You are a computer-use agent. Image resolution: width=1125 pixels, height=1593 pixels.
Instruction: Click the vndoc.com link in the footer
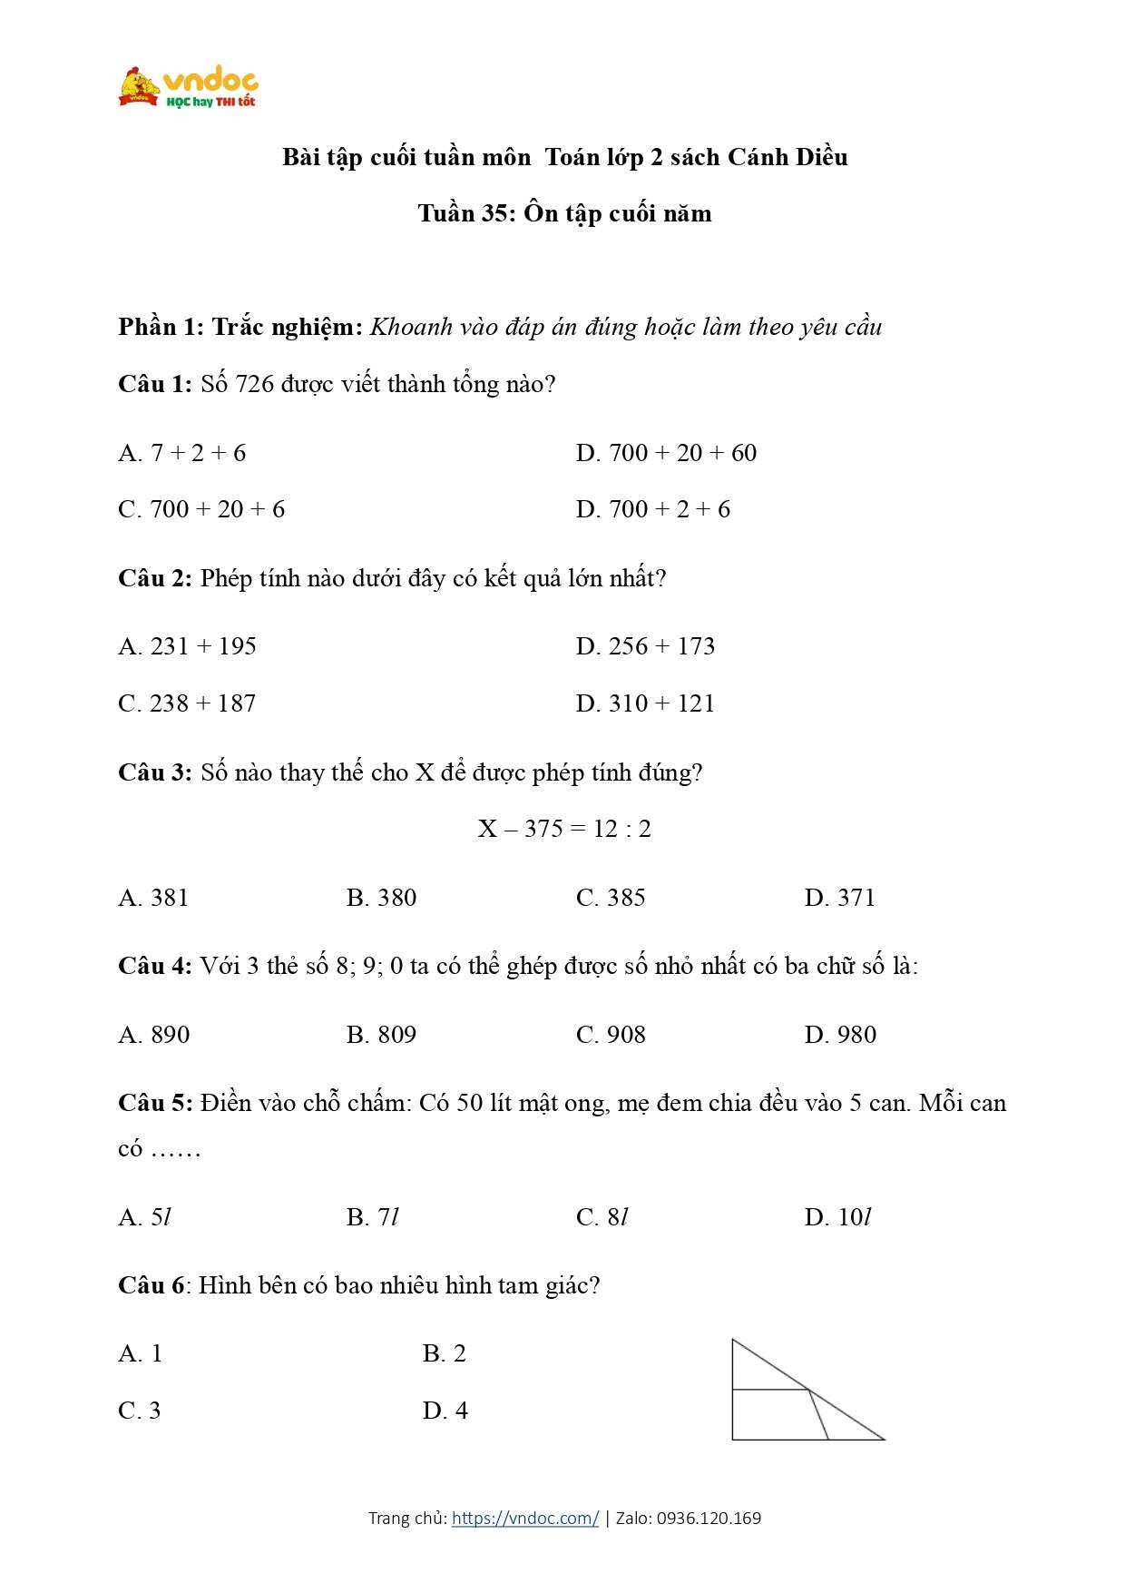(524, 1518)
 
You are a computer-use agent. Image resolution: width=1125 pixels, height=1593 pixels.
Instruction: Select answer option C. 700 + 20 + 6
(201, 509)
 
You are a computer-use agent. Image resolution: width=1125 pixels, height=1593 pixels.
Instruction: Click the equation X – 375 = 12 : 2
(564, 829)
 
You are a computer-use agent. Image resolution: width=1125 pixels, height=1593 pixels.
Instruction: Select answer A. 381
(153, 898)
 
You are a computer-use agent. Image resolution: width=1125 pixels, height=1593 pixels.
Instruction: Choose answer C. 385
(611, 898)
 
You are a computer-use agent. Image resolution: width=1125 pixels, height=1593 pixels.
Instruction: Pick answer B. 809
(381, 1035)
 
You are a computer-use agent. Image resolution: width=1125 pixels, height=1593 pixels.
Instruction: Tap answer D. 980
(840, 1035)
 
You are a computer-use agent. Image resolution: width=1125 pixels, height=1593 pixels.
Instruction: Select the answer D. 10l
(837, 1217)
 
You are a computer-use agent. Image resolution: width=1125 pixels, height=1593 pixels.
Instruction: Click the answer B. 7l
(373, 1217)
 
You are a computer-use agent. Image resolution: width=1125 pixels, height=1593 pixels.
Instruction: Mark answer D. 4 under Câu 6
(445, 1411)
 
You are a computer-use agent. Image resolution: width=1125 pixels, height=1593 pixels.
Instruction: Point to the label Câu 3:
(155, 772)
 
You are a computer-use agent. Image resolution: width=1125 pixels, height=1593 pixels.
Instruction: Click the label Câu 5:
(155, 1103)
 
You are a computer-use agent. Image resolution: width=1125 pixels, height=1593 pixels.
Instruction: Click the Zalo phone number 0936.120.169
(709, 1518)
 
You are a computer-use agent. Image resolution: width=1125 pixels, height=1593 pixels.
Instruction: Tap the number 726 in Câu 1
(255, 384)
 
